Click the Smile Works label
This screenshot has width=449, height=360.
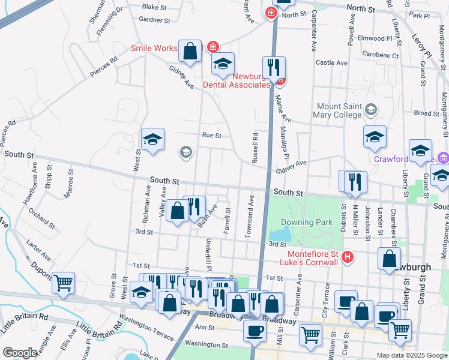[155, 48]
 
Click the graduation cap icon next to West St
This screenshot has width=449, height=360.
[152, 139]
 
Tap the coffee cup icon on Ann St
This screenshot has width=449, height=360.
[255, 331]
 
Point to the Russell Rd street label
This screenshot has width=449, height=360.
[255, 148]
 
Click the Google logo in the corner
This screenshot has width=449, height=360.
[20, 353]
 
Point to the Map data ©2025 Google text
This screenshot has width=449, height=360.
[412, 355]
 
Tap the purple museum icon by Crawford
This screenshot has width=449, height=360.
[443, 158]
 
